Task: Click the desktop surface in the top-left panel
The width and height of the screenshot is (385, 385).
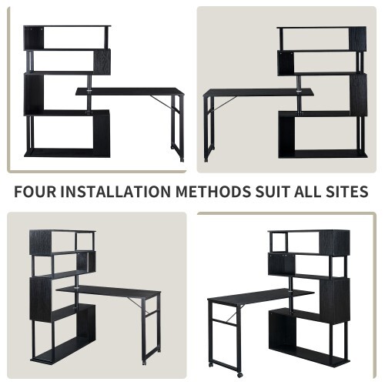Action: point(131,92)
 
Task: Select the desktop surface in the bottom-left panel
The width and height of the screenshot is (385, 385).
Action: point(108,290)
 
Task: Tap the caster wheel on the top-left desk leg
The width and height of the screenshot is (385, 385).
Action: point(181,159)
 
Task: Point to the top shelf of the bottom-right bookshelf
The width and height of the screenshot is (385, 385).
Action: point(308,231)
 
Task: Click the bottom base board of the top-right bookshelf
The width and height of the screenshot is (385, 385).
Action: point(320,153)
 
